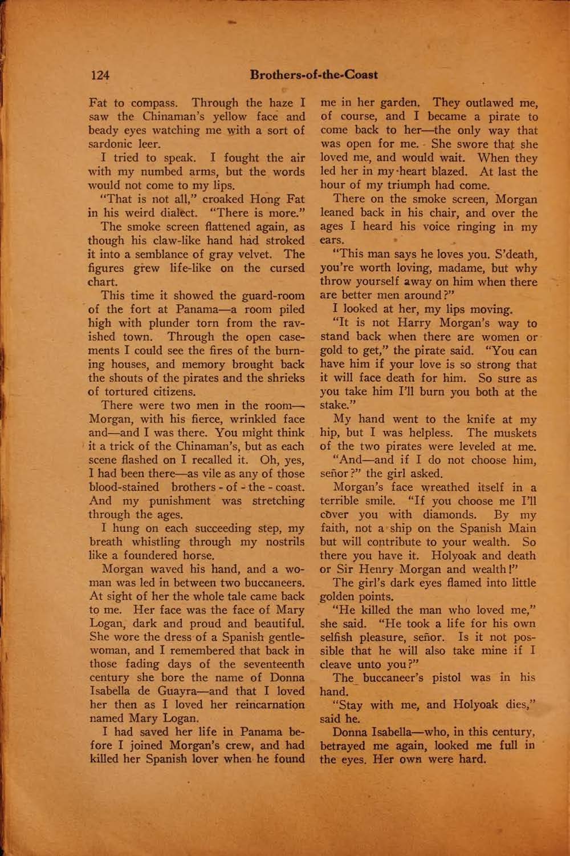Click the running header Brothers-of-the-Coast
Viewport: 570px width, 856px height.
(314, 75)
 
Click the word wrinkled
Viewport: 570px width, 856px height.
(245, 419)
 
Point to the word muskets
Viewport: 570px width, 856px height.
(515, 432)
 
